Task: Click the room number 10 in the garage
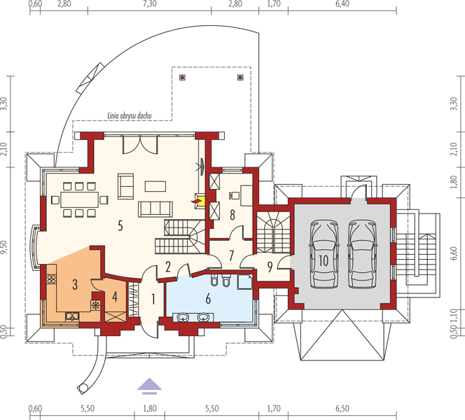coord(324,260)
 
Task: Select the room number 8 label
coord(233,215)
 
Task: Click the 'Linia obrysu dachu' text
coord(130,115)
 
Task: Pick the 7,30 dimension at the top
coord(150,4)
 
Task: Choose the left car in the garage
coord(324,254)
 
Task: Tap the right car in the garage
coord(362,254)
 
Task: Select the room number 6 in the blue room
coord(208,298)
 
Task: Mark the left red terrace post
coord(182,78)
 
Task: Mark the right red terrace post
coord(240,78)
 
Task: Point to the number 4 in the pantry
coord(115,296)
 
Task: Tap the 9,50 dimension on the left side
coord(4,247)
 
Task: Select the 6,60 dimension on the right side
coord(454,253)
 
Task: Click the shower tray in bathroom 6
coord(244,282)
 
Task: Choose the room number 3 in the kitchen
coord(75,284)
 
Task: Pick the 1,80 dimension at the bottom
coord(150,409)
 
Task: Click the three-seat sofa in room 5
coord(155,209)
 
